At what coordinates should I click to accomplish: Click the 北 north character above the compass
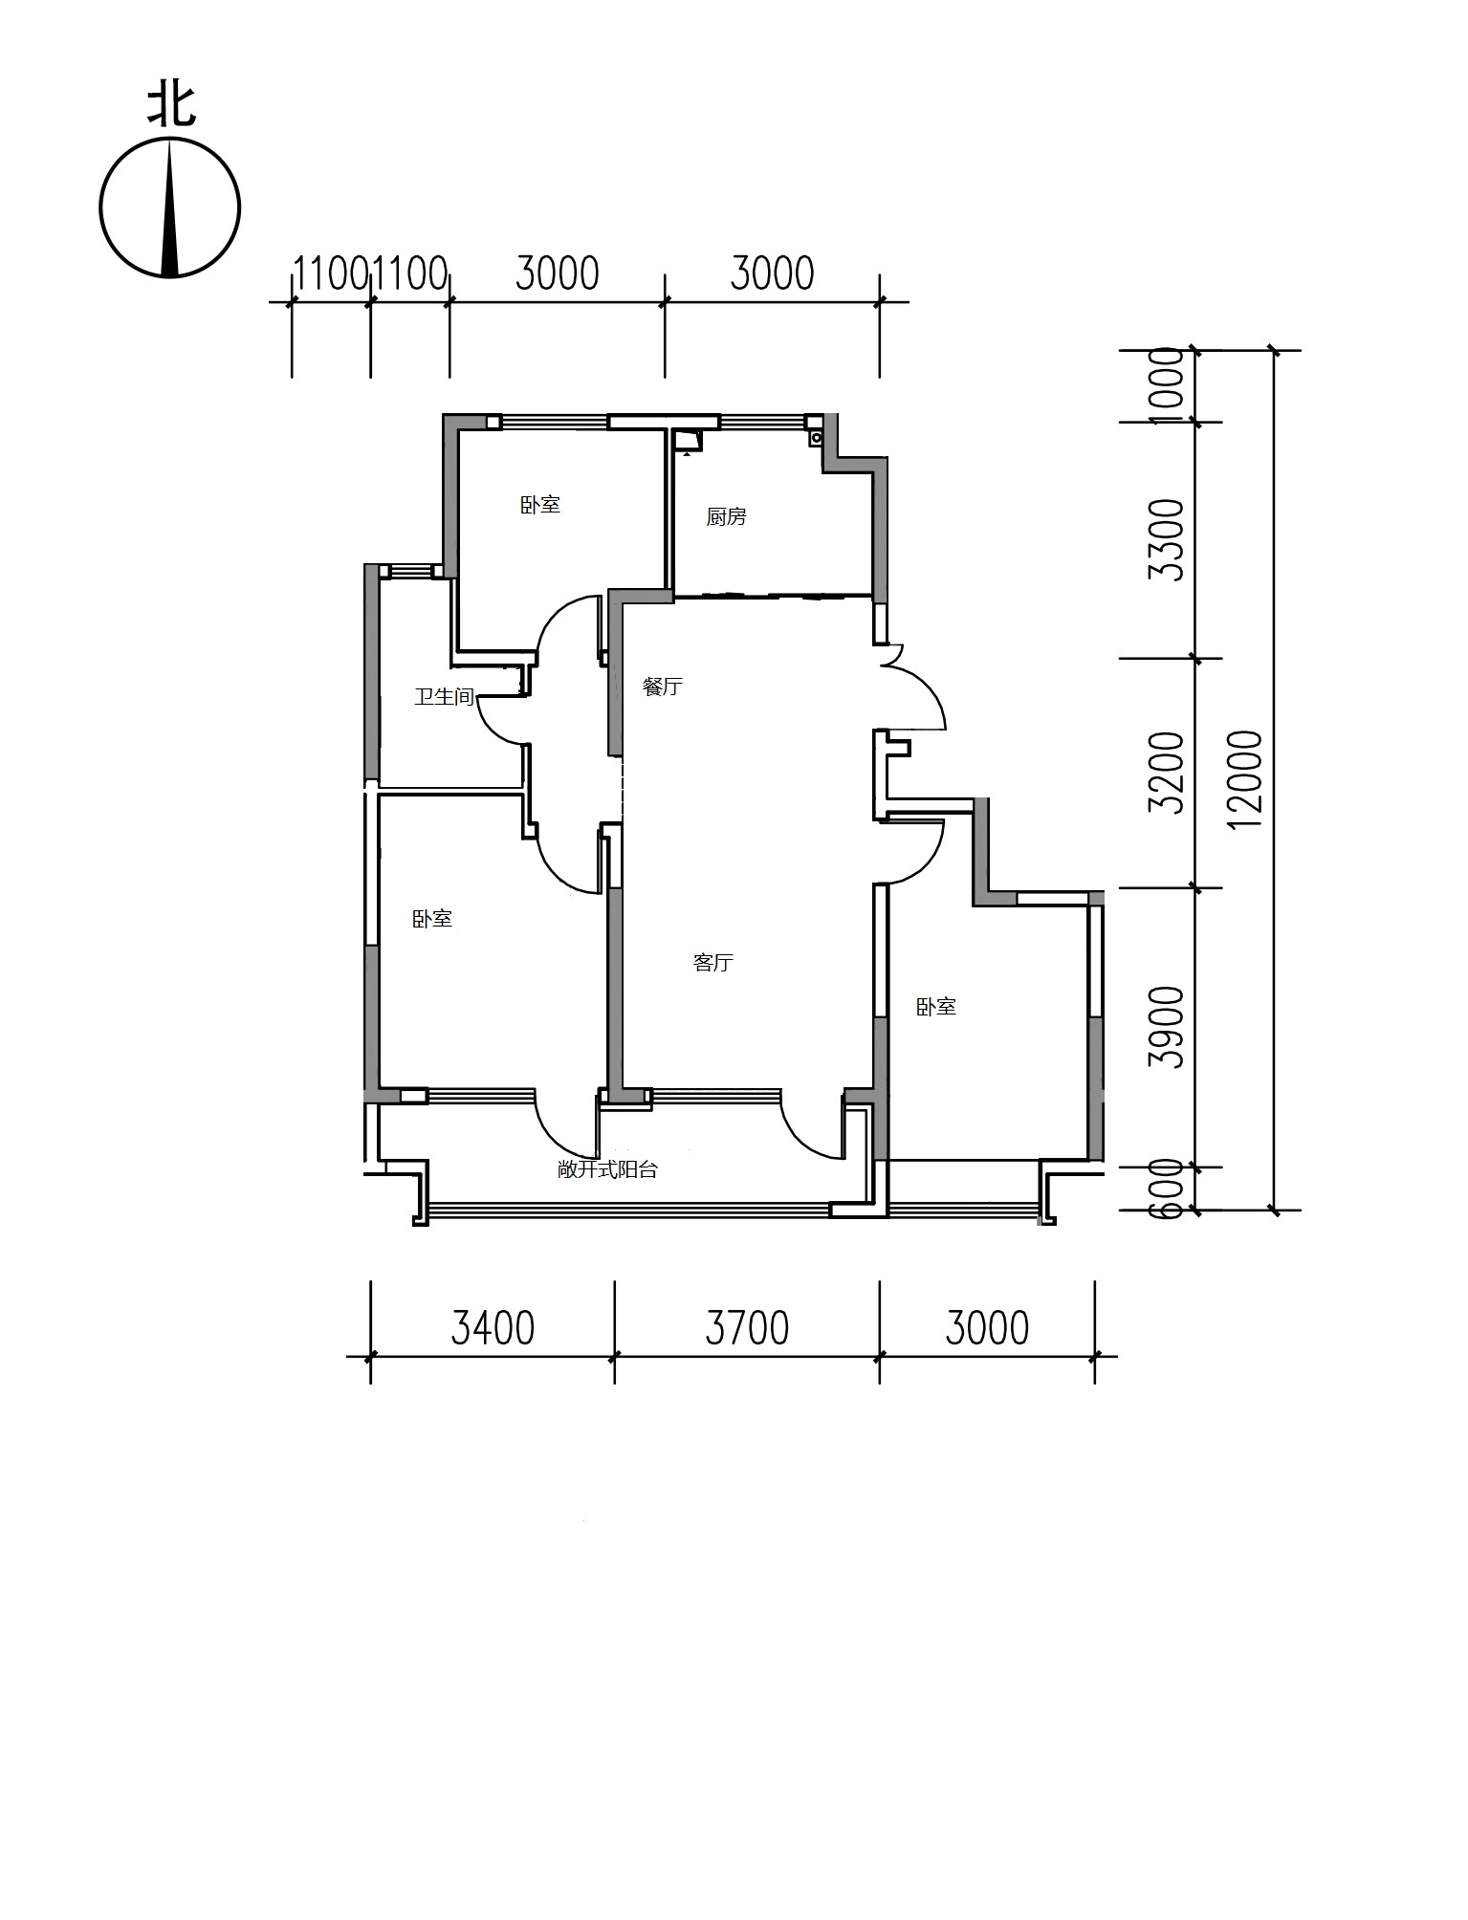click(x=171, y=106)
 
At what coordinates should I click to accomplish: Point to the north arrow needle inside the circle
click(x=171, y=207)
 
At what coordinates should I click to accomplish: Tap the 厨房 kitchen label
click(x=726, y=517)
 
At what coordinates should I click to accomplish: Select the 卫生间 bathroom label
click(x=444, y=697)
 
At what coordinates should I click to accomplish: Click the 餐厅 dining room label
click(x=663, y=687)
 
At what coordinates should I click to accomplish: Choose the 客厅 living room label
click(x=712, y=963)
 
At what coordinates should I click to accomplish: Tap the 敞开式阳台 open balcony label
click(x=607, y=1169)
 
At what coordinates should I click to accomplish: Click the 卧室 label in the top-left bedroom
click(x=540, y=505)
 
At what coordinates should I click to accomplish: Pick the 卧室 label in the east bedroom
click(x=936, y=1007)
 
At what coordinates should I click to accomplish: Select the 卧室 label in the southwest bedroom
click(x=432, y=919)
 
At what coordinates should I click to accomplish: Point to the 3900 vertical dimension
click(x=1167, y=1028)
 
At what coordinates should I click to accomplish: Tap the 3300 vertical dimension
click(x=1167, y=540)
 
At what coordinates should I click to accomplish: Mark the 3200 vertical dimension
click(x=1167, y=773)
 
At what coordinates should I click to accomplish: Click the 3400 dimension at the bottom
click(x=493, y=1328)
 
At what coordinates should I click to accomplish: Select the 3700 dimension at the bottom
click(x=747, y=1328)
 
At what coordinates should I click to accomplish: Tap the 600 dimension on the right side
click(x=1167, y=1188)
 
